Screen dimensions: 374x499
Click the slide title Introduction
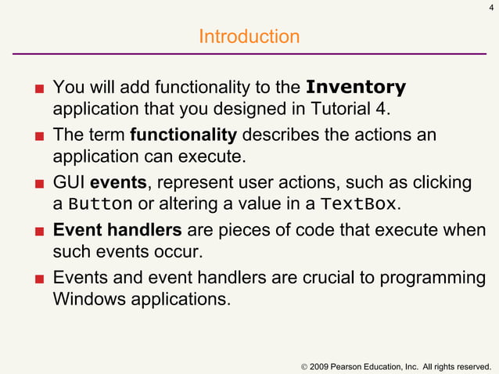tap(249, 37)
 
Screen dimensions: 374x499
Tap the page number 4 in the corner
tap(490, 9)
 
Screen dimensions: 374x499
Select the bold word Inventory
tap(356, 86)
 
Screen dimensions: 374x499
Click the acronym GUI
tap(69, 183)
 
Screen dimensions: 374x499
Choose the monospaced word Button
tap(100, 205)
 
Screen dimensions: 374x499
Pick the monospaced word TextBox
tap(360, 205)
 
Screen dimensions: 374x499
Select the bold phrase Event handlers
tap(117, 231)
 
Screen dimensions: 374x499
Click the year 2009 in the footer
tap(321, 366)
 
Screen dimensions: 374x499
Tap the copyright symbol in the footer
tap(303, 366)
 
